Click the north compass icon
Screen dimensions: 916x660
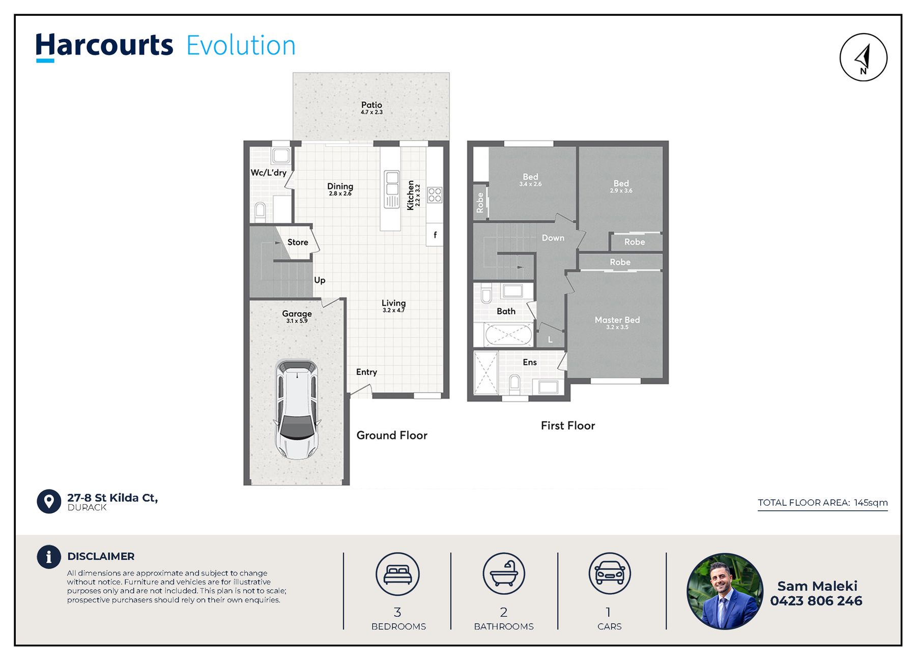click(863, 57)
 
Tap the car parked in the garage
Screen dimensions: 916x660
click(297, 409)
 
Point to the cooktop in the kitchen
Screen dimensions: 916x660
click(435, 195)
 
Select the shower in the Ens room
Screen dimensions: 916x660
click(485, 373)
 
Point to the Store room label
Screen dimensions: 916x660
click(298, 242)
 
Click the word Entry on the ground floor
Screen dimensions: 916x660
click(366, 372)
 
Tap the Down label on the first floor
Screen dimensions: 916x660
click(553, 238)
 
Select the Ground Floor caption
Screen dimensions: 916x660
click(392, 435)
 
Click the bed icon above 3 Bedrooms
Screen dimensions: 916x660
click(397, 574)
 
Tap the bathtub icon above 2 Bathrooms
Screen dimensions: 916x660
click(504, 574)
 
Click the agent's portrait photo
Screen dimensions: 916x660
click(725, 591)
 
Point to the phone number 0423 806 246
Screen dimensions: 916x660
click(816, 601)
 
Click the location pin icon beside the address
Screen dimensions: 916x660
click(49, 502)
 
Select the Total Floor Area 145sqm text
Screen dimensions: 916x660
click(822, 503)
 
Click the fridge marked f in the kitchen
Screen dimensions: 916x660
click(435, 235)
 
